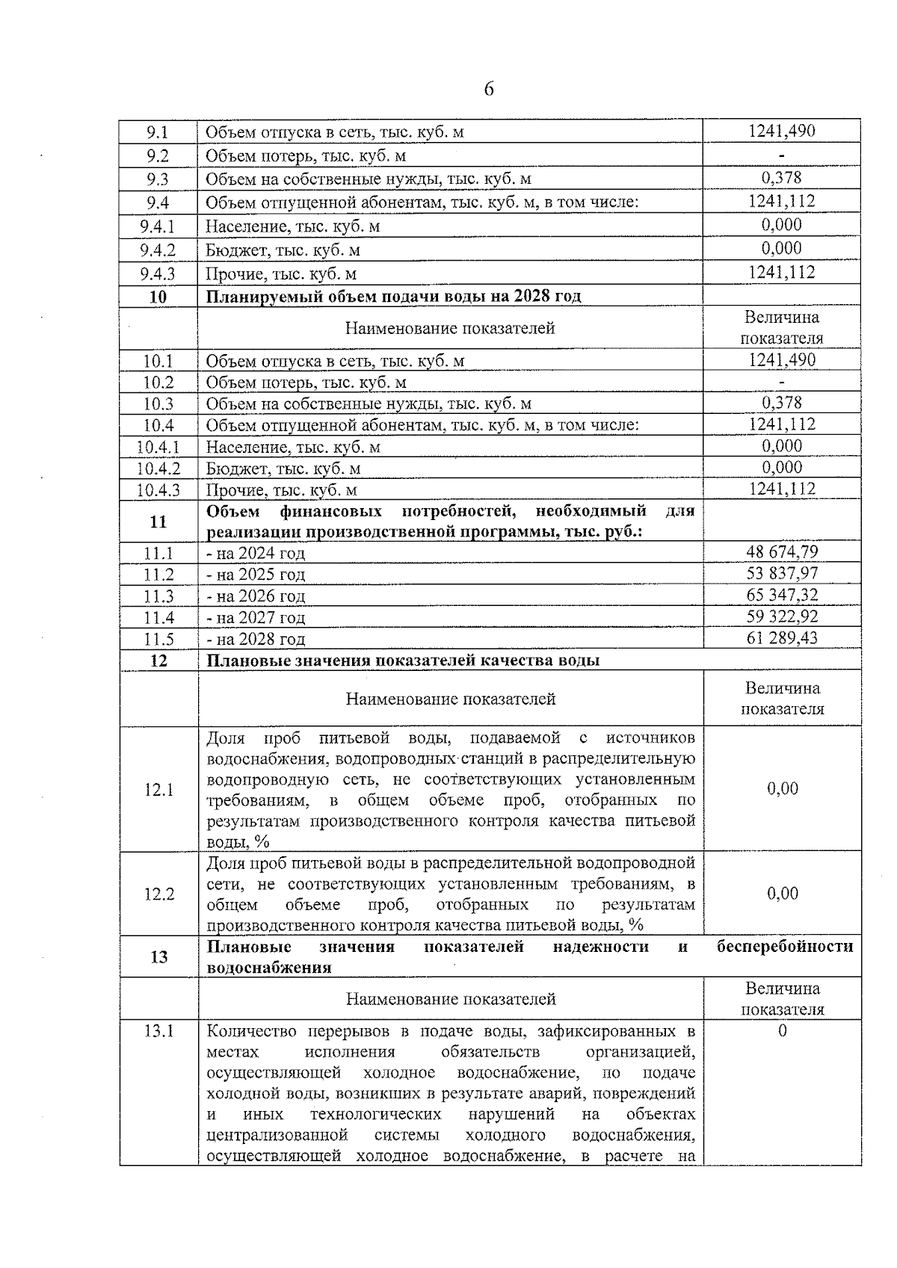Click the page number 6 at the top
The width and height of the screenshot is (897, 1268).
(489, 90)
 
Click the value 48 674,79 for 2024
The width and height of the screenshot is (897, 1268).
(782, 552)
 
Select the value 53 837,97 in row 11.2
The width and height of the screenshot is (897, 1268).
(782, 574)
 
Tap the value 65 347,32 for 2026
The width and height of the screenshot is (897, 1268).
(782, 596)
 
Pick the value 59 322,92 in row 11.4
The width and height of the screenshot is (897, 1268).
(782, 616)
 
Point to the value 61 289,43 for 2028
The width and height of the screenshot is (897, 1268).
(782, 638)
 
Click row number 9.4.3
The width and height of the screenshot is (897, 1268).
(158, 273)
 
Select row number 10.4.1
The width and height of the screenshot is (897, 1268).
(158, 447)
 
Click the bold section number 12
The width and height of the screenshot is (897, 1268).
(158, 661)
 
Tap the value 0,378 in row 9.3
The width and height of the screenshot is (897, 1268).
(782, 178)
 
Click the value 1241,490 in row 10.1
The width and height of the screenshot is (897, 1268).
(782, 360)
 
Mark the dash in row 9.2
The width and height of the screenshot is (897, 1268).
(782, 155)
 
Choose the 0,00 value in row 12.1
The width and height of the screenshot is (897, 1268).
(783, 789)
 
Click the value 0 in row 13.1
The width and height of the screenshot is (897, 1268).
(783, 1031)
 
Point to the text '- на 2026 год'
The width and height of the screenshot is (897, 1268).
(256, 596)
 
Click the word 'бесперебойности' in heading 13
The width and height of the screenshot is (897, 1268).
(785, 947)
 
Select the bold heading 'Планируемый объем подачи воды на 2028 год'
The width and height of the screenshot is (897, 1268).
(393, 297)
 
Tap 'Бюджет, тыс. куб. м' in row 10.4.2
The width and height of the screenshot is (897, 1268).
(283, 468)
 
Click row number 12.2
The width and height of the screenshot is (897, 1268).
(158, 894)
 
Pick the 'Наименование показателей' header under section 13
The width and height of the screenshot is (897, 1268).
(450, 999)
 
